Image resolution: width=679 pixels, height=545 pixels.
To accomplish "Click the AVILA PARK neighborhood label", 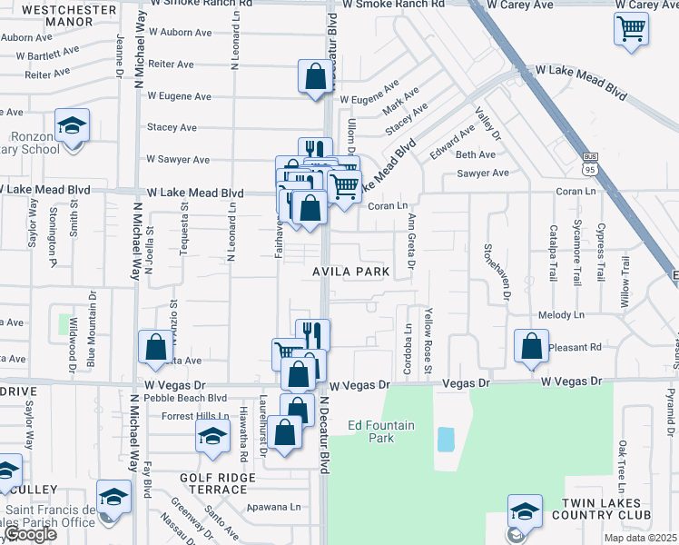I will pos(351,272).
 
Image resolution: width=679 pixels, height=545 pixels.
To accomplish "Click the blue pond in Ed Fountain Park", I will pos(446,440).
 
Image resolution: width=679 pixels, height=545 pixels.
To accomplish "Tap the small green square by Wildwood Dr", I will pos(65,323).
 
